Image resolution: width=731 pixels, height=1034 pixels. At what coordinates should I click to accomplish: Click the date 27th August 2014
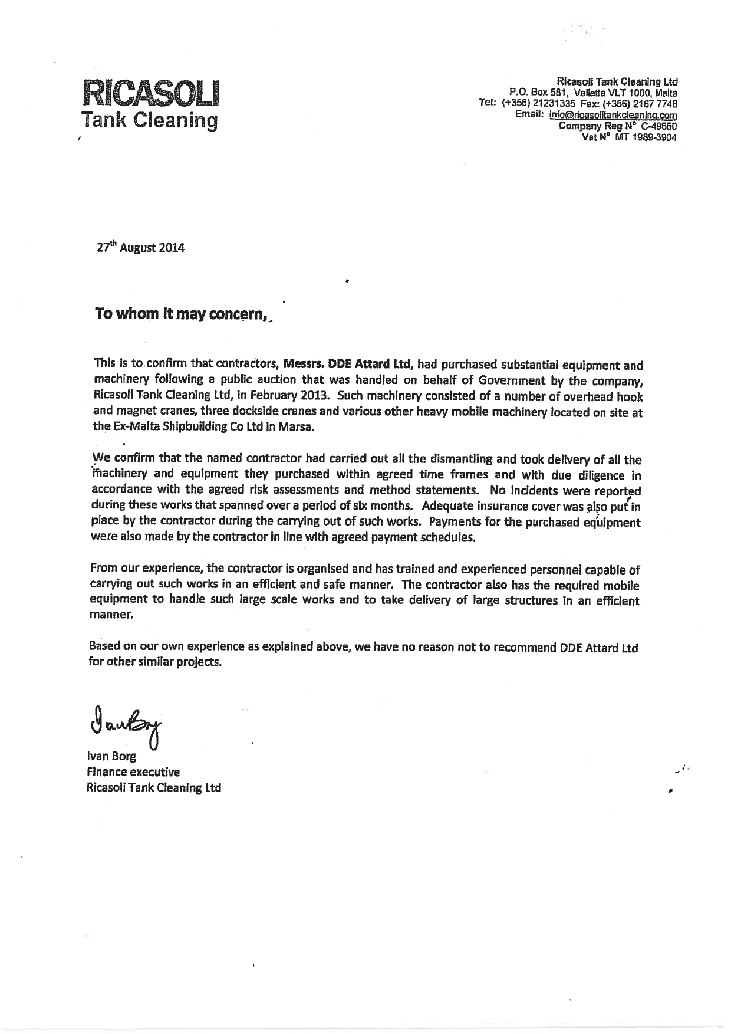[140, 248]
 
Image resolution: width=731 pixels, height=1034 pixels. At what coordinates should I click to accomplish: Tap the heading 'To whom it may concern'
[181, 314]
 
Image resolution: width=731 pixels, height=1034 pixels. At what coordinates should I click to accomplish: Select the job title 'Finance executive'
[133, 772]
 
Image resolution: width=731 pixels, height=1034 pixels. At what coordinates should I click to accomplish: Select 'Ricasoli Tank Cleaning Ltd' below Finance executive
[153, 787]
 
